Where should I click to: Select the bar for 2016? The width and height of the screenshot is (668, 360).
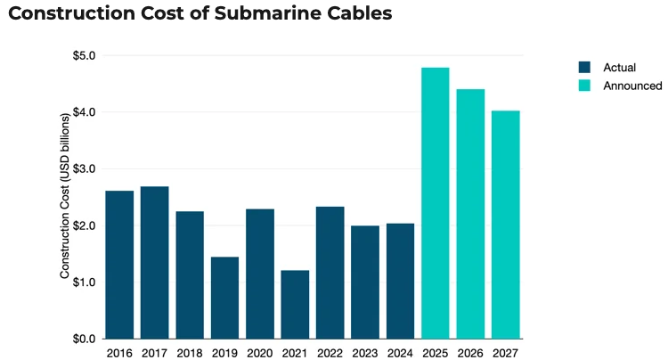tap(119, 265)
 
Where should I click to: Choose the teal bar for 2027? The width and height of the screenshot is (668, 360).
tap(505, 225)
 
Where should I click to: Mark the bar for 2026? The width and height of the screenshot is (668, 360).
tap(470, 214)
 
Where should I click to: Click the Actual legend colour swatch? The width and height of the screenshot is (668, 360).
tap(584, 67)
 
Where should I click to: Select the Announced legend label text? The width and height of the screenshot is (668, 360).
tap(632, 86)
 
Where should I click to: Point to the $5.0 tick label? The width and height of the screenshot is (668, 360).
tap(85, 56)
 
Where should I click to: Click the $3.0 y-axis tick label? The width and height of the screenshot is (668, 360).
tap(85, 169)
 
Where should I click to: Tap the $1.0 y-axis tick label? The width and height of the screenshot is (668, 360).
tap(85, 282)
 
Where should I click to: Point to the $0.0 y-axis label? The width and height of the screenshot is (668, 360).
tap(85, 340)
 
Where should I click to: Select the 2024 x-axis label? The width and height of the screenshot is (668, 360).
tap(400, 352)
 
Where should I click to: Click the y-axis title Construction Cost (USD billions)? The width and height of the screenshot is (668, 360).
tap(65, 197)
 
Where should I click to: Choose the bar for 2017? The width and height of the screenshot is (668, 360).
tap(154, 263)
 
